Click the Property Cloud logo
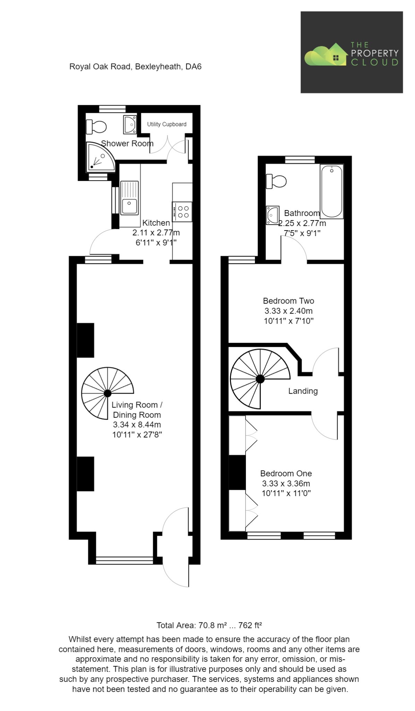[351, 52]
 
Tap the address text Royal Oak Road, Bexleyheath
[135, 66]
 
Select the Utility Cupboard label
[166, 124]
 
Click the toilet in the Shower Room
[97, 127]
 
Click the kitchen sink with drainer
[129, 198]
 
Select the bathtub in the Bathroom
[331, 191]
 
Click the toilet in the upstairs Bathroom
[276, 181]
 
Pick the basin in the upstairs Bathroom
[272, 215]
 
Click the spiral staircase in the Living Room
[107, 393]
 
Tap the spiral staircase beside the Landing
[260, 379]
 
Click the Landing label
[303, 391]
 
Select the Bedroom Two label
[288, 301]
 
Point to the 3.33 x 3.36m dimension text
[286, 483]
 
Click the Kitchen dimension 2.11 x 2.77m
[156, 233]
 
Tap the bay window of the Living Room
[124, 560]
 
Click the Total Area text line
[209, 626]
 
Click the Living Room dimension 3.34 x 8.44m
[137, 425]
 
